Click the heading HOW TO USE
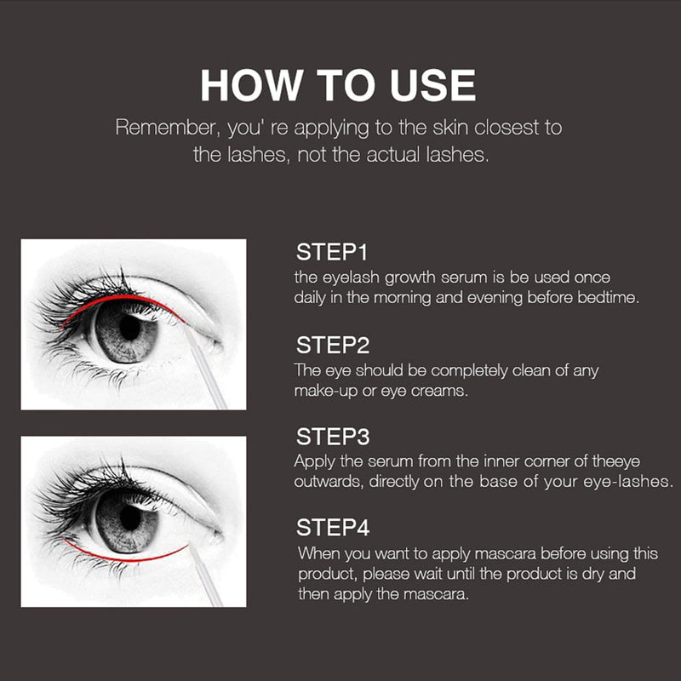[x=338, y=86]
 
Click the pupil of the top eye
[x=130, y=327]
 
